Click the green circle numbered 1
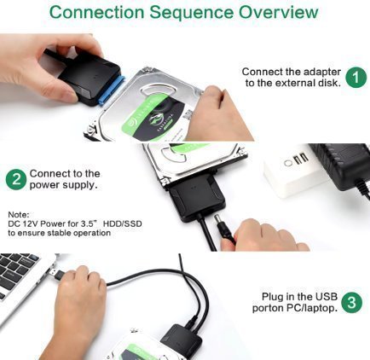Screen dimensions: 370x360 click(x=356, y=77)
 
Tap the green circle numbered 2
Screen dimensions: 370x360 click(x=16, y=179)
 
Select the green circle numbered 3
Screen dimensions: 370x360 click(x=352, y=302)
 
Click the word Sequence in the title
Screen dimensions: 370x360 click(x=192, y=12)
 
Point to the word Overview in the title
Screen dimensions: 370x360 click(x=278, y=12)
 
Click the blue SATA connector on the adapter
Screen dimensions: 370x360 click(x=112, y=90)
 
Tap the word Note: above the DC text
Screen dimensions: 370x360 click(x=19, y=214)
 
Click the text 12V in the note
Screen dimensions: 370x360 click(x=29, y=224)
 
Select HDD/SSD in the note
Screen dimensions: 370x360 click(x=122, y=224)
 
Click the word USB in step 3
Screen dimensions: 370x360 click(x=326, y=297)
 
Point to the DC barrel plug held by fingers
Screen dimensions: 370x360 click(x=223, y=228)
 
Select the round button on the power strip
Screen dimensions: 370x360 click(x=288, y=164)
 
